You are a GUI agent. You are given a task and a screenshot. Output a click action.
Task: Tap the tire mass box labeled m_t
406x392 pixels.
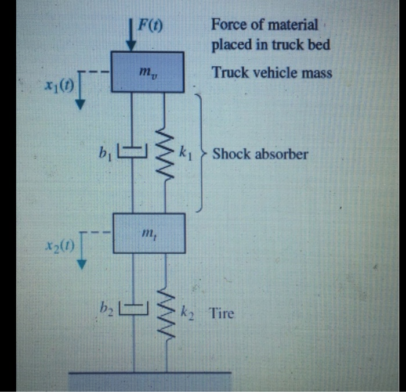[148, 233]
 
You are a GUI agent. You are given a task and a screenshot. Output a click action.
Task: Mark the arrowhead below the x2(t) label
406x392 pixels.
[82, 265]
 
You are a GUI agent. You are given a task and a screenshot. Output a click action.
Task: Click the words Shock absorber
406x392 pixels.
[260, 154]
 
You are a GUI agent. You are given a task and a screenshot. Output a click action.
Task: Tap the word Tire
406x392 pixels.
[222, 314]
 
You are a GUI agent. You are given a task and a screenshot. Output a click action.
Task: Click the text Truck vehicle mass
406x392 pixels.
[271, 73]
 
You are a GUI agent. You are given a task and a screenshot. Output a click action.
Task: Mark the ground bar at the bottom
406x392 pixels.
[150, 381]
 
